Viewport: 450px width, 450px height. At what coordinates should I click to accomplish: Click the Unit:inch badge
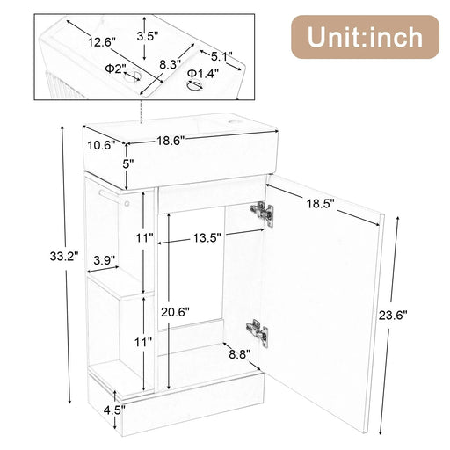(363, 37)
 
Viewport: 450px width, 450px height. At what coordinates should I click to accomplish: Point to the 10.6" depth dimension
(98, 146)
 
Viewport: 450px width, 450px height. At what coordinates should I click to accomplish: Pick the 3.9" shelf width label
(105, 261)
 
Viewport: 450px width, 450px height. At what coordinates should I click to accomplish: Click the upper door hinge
(260, 211)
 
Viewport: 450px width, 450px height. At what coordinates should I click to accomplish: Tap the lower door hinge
(258, 330)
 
